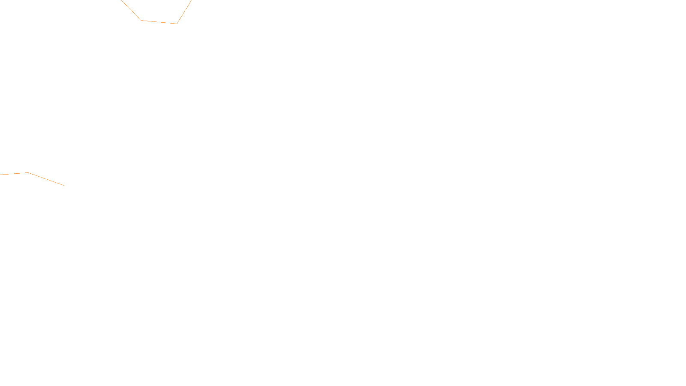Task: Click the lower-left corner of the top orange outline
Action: coord(141,20)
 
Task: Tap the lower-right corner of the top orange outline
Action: coord(177,24)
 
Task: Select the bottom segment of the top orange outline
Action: coord(159,22)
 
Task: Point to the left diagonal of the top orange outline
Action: coord(131,10)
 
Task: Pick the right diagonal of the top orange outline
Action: coord(184,12)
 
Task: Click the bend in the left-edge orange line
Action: coord(28,173)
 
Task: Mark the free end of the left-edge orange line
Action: coord(64,185)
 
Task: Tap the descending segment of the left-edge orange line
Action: coord(46,179)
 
